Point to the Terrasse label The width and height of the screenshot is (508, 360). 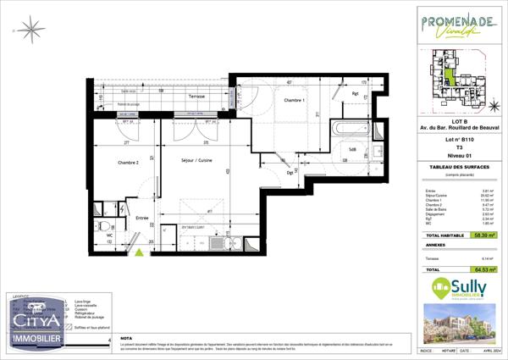pos(196,97)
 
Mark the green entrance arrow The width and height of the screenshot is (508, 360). pos(137,252)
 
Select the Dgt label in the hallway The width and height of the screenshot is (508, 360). pos(290,172)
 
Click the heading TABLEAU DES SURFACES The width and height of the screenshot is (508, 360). pos(459,167)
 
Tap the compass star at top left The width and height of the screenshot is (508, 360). pos(35,30)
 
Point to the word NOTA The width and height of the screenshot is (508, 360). pos(127,336)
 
